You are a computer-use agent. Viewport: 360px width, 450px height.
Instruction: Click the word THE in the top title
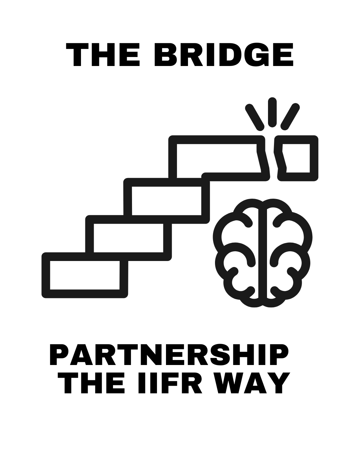(x=103, y=55)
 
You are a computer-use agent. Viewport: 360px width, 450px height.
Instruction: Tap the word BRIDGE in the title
(x=224, y=55)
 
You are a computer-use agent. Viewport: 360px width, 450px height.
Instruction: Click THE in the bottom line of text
(x=91, y=383)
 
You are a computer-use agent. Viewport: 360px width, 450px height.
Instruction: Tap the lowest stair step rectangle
(x=85, y=275)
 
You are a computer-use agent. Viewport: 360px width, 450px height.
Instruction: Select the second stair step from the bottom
(x=128, y=238)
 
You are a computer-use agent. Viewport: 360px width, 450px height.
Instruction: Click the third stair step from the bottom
(x=166, y=201)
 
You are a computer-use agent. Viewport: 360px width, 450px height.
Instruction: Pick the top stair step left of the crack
(x=217, y=158)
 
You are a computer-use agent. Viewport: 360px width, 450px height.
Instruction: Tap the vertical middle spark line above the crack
(x=272, y=112)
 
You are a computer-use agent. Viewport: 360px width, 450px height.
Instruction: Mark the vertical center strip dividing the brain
(x=263, y=253)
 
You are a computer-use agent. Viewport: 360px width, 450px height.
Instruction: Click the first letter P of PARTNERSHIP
(x=59, y=354)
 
